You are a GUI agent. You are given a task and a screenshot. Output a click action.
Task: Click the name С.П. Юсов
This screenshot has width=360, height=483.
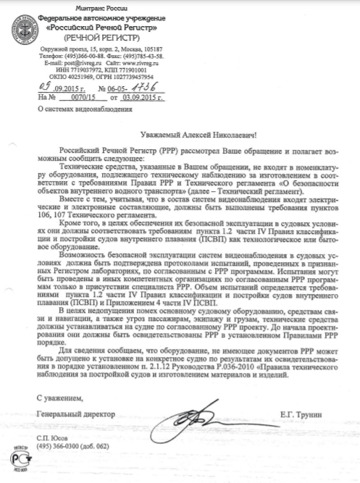coord(53,440)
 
